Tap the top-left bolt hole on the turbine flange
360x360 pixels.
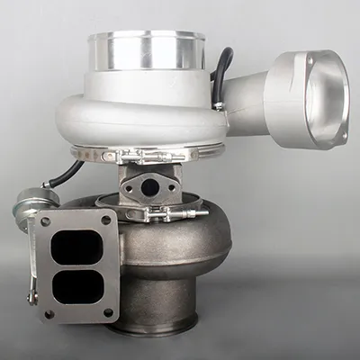[x=44, y=220]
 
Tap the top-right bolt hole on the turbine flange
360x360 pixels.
[x=106, y=219]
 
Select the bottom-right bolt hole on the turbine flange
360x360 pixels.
[x=108, y=312]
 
